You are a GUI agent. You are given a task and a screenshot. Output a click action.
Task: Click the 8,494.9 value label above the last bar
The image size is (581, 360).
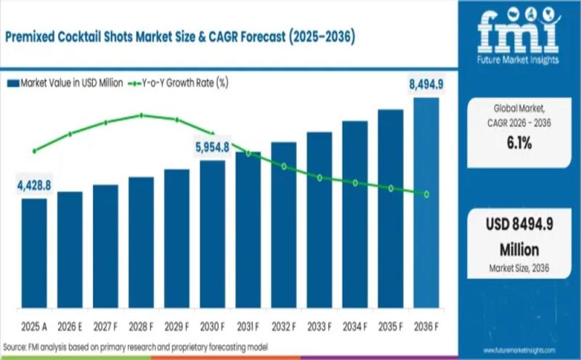424,85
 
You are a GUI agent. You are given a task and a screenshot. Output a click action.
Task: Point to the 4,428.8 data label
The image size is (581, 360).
34,186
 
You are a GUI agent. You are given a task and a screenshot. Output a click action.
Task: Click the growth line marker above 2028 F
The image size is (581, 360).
142,115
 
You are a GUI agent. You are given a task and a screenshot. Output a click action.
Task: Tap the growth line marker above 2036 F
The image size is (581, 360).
426,195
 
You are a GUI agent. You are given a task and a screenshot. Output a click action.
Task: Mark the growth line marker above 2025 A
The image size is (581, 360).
34,151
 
